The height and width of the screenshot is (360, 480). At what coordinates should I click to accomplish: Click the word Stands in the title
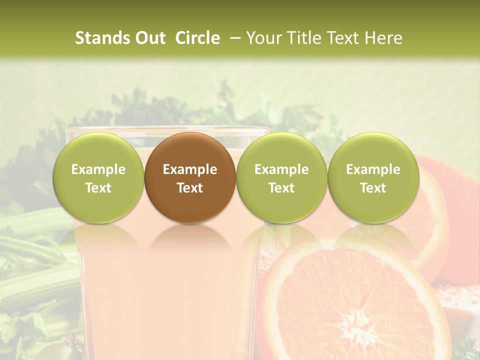tap(101, 38)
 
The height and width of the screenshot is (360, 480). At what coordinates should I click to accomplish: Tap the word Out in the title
tap(149, 38)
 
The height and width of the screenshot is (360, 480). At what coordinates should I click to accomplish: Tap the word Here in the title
tap(384, 38)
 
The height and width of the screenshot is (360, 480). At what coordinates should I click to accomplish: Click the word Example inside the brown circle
tap(189, 169)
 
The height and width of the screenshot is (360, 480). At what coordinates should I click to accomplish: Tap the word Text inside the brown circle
tap(189, 188)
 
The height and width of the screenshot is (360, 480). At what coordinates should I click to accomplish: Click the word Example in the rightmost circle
tap(373, 169)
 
